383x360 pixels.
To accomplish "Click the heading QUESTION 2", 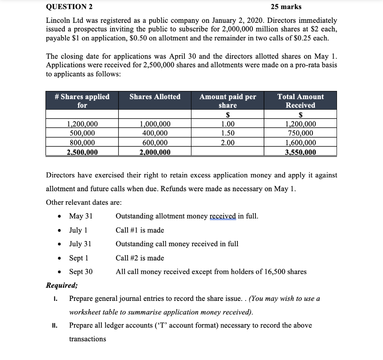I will [70, 7].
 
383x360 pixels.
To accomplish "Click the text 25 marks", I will [286, 7].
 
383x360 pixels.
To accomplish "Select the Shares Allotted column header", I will [155, 97].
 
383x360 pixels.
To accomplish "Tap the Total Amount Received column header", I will [300, 101].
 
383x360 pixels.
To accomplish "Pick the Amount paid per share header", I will [227, 101].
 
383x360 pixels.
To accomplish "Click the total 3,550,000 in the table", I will [300, 152].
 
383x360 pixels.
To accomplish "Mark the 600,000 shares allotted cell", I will [155, 143].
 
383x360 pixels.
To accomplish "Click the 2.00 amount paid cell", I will [228, 143].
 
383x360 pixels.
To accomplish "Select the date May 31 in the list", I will [81, 216].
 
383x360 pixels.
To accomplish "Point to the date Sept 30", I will [81, 272].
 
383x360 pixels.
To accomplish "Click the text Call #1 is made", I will [140, 230].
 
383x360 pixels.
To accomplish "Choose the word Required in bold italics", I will [62, 285].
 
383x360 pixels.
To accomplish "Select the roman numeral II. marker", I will [54, 326].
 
